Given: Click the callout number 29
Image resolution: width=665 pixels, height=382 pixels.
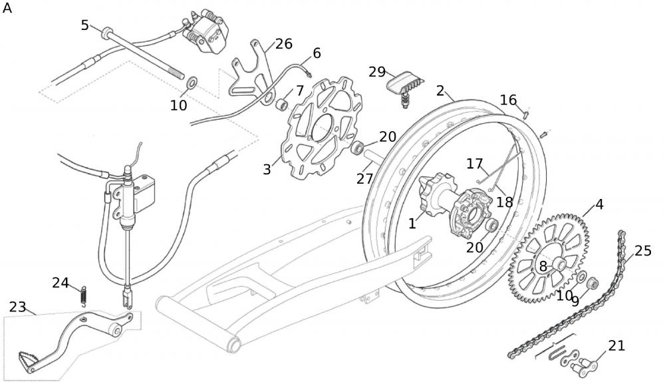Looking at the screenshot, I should point(377,71).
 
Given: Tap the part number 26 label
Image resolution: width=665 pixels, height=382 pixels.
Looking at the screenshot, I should point(283,44).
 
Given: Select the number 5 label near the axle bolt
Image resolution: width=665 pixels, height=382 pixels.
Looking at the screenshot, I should point(84,25).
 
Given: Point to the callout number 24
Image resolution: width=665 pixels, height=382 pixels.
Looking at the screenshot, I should point(61,283).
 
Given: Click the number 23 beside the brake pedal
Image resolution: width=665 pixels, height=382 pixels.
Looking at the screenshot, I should point(17,307).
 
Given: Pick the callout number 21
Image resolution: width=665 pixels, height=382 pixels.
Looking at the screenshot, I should point(616,345).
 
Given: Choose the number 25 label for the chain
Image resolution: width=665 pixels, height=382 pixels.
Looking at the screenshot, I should point(642,250).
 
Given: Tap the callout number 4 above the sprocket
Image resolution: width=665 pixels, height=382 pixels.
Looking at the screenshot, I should point(599,204).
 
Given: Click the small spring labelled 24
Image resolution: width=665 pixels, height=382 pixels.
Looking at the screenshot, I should point(83,295).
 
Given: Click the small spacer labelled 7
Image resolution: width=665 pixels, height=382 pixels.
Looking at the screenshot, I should point(283,104).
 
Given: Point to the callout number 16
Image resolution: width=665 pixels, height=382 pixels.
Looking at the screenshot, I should point(508,100).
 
